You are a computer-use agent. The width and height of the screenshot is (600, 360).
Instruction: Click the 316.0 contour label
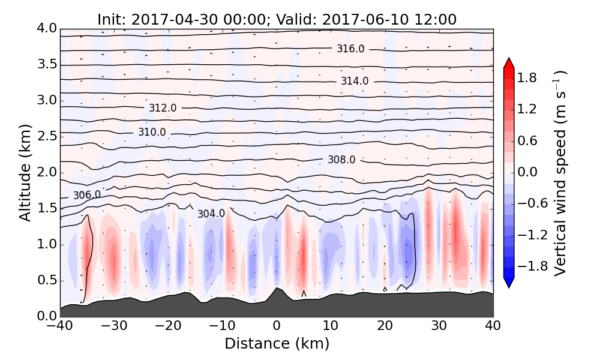point(350,49)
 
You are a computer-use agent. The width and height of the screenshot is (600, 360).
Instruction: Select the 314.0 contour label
point(355,81)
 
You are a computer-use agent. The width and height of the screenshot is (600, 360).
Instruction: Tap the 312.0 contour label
point(163,108)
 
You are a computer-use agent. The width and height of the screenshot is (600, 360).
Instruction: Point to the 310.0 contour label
point(152,132)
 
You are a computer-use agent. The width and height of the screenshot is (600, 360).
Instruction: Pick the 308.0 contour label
point(341,160)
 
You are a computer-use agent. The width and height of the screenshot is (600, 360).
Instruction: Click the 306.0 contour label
point(87,195)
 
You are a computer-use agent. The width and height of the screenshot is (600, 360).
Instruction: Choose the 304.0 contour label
point(211,213)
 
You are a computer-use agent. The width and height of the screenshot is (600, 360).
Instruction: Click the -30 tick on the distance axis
point(114,326)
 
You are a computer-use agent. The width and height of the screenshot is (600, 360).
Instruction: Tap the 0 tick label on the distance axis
point(277,326)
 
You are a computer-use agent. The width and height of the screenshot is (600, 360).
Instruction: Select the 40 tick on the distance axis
point(493,326)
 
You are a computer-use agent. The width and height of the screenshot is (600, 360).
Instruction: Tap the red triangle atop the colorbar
point(509,62)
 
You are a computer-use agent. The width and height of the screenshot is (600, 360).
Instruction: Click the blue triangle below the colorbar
point(509,283)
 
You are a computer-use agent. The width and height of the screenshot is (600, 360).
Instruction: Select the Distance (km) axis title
point(277,344)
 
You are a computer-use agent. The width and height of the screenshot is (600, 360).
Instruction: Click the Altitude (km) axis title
point(25,172)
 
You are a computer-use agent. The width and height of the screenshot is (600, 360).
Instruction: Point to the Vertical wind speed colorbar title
point(560,172)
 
